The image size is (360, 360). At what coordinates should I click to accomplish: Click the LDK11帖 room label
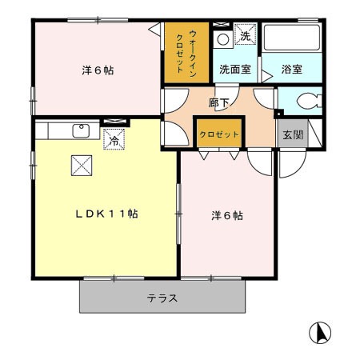pyautogui.click(x=107, y=214)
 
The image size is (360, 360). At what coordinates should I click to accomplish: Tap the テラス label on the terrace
pyautogui.click(x=162, y=298)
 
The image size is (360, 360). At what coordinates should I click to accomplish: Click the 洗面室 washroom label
pyautogui.click(x=235, y=70)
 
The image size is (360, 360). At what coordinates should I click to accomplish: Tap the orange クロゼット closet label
pyautogui.click(x=219, y=134)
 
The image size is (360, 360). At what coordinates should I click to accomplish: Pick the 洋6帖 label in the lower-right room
pyautogui.click(x=227, y=216)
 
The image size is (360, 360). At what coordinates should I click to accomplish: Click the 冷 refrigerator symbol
pyautogui.click(x=114, y=138)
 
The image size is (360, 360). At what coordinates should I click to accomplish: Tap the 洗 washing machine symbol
pyautogui.click(x=246, y=36)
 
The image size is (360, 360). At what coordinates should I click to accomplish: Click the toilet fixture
pyautogui.click(x=305, y=102)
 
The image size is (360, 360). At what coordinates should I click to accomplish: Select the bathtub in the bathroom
pyautogui.click(x=292, y=38)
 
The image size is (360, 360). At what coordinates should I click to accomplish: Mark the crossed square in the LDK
pyautogui.click(x=82, y=164)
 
